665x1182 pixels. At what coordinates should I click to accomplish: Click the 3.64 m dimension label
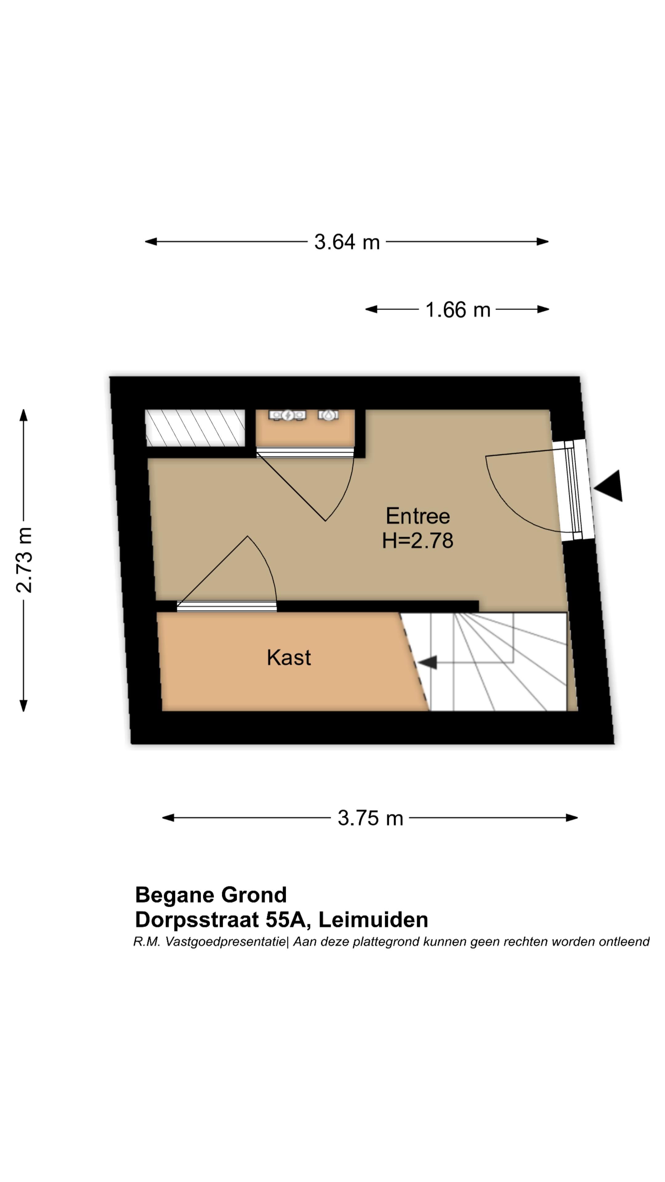347,242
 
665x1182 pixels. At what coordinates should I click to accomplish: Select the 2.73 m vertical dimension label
24,560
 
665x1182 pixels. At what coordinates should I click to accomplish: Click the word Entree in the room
418,516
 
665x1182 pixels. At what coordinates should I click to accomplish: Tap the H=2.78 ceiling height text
418,541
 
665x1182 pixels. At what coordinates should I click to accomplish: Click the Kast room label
289,657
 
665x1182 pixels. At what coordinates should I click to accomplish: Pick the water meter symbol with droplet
328,415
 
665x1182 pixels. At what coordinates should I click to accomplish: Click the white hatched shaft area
195,428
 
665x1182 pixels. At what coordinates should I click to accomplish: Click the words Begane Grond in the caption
211,895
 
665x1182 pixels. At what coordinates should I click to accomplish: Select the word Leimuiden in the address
373,919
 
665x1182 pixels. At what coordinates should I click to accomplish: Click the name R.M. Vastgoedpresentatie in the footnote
210,942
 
